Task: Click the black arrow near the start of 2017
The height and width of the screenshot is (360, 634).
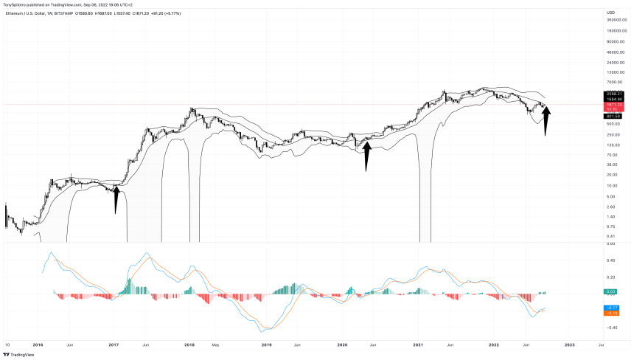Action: [116, 199]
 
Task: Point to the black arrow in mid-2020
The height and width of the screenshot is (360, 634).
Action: [366, 156]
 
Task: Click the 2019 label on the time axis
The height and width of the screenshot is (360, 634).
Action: [267, 344]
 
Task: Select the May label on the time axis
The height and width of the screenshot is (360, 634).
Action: [216, 344]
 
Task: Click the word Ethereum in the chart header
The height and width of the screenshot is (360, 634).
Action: [17, 13]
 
